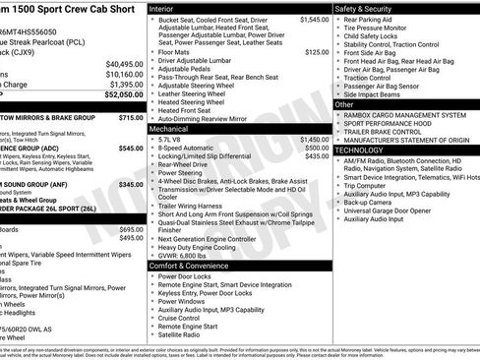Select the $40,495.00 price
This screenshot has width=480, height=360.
124,63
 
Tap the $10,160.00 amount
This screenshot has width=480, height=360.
124,74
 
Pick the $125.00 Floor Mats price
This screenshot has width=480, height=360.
317,51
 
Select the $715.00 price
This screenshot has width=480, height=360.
131,117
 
